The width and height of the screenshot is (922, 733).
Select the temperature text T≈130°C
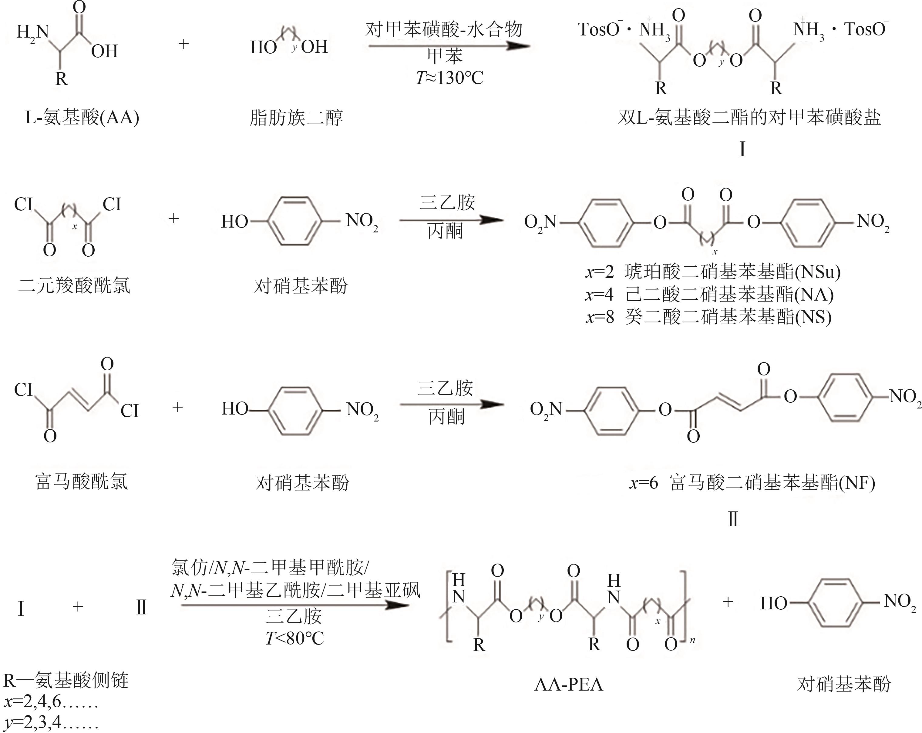click(449, 78)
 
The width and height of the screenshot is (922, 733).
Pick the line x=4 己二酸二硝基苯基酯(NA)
click(709, 294)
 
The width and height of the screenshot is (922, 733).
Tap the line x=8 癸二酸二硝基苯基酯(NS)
click(708, 317)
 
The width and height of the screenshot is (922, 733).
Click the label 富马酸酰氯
click(81, 482)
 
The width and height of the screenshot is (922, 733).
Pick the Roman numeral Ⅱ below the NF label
click(733, 519)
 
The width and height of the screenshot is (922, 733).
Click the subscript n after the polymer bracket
click(692, 640)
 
